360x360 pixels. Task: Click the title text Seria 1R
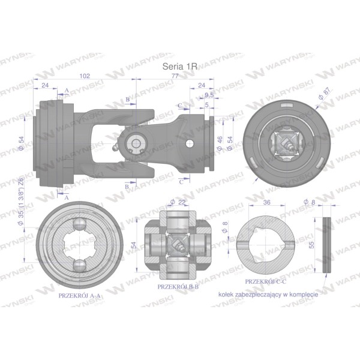(180, 67)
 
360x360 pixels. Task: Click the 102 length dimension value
(85, 76)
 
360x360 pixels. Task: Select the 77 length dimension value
(175, 76)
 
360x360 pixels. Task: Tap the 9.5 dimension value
(209, 95)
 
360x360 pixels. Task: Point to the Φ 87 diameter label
(325, 93)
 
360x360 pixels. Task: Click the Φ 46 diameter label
(220, 143)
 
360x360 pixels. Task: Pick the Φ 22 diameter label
(178, 202)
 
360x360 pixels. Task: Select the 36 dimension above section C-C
(266, 202)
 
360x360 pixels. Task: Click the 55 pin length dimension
(312, 245)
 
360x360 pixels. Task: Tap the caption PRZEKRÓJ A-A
(79, 295)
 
